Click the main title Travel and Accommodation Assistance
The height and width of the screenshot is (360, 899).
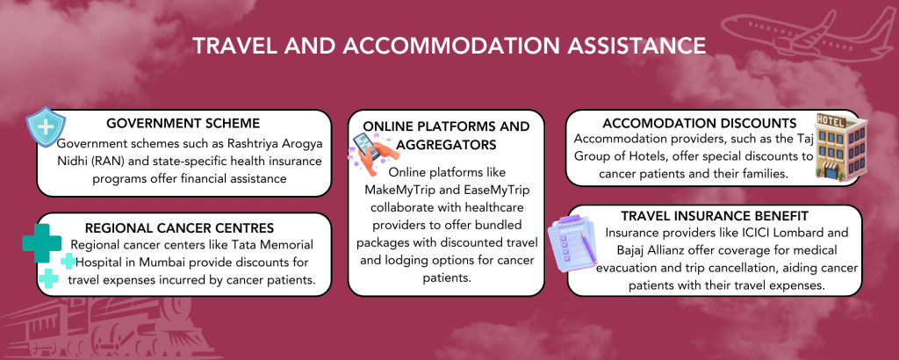(449, 44)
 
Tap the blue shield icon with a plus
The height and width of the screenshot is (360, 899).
(40, 127)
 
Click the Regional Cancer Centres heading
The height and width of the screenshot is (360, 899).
(181, 227)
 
